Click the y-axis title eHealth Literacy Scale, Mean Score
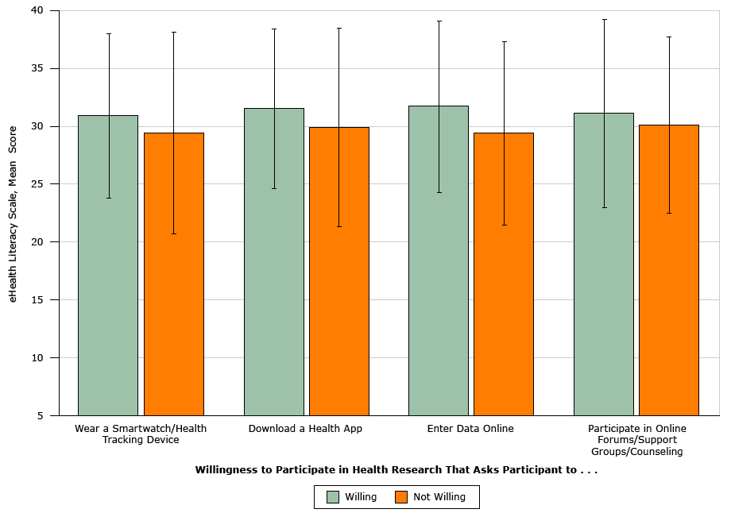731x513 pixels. coord(13,214)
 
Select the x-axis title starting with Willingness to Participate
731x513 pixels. coord(396,470)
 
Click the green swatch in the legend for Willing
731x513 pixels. coord(333,497)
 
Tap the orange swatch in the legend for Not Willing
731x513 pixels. coord(401,497)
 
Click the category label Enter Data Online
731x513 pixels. coord(470,429)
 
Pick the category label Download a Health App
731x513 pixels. coord(305,429)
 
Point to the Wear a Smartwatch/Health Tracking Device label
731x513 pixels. coord(141,434)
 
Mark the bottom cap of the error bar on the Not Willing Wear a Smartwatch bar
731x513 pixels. coord(173,233)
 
